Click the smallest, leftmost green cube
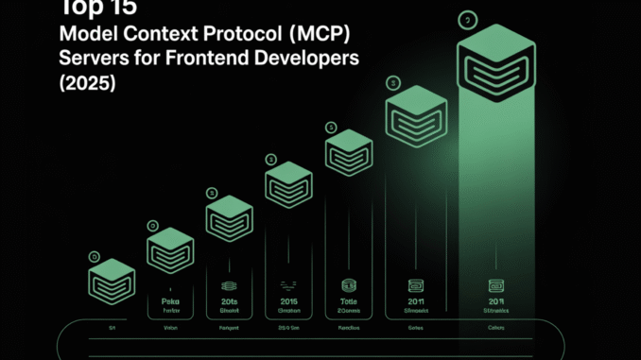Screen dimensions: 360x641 point(114,281)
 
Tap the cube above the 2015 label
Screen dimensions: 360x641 point(289,183)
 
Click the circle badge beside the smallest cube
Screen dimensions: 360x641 point(93,256)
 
